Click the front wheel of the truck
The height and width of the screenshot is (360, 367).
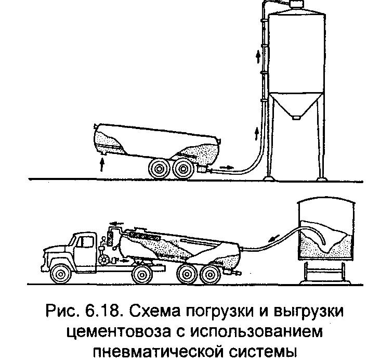coord(61,274)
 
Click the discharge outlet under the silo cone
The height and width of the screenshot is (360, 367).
coord(296,117)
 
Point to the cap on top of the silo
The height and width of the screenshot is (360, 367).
coord(296,4)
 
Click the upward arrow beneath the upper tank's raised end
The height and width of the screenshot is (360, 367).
coord(101,165)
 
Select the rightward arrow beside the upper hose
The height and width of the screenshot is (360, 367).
coord(227,167)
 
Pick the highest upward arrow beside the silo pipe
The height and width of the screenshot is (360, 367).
coord(258,57)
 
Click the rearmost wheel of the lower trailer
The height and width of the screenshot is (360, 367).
coord(210,274)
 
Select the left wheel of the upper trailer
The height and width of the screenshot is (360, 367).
coord(159,169)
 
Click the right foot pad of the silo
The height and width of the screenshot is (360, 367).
coord(322,179)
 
